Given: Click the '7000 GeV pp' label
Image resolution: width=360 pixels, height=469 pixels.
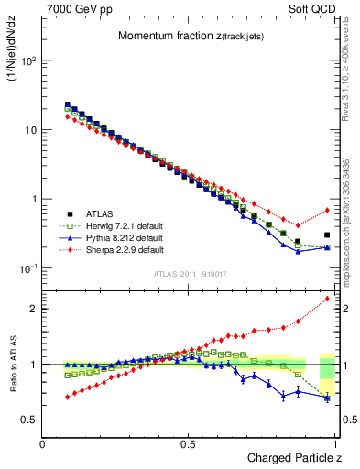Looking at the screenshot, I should tap(72, 8).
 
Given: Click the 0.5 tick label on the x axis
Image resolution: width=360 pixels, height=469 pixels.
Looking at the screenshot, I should tap(189, 443).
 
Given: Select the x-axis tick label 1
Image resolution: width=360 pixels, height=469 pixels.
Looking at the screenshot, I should tap(335, 443).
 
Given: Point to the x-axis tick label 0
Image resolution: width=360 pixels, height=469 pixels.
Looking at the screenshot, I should tap(43, 443).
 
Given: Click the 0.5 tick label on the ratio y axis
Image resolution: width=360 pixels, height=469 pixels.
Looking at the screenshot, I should tap(30, 420).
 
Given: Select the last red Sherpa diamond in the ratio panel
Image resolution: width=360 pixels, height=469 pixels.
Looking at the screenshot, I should tap(327, 299).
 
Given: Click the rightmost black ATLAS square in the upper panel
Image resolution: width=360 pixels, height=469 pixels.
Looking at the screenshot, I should tap(327, 234).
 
